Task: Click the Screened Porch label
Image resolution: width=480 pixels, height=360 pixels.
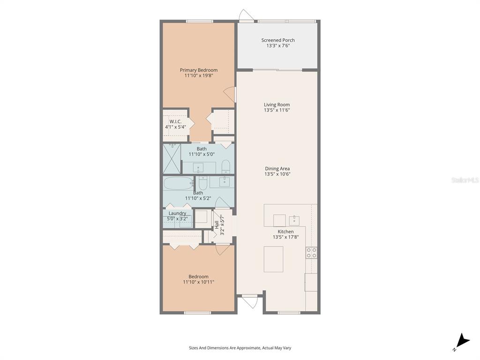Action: click(278, 40)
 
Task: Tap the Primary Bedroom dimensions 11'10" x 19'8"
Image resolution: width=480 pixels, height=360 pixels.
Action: click(199, 75)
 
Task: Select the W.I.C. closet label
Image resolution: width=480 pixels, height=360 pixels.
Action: click(175, 121)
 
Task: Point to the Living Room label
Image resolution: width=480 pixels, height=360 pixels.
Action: click(277, 105)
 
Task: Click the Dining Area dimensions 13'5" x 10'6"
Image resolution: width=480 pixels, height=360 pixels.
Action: click(277, 174)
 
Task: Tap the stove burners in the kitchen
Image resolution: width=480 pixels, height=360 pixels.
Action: click(311, 253)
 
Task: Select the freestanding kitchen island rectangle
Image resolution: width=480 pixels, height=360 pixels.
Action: click(273, 259)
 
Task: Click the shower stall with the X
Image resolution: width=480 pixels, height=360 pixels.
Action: click(172, 159)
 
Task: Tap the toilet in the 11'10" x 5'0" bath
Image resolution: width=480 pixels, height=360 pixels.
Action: click(225, 166)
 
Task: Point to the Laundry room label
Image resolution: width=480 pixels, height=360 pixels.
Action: click(177, 213)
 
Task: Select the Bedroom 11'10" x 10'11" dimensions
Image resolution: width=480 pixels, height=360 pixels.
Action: click(198, 282)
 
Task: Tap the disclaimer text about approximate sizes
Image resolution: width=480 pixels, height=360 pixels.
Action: click(240, 348)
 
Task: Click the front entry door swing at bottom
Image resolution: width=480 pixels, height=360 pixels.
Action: click(250, 301)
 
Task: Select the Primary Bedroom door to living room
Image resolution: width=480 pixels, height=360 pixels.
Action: click(230, 94)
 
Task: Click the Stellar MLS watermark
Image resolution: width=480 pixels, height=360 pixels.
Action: click(465, 180)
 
